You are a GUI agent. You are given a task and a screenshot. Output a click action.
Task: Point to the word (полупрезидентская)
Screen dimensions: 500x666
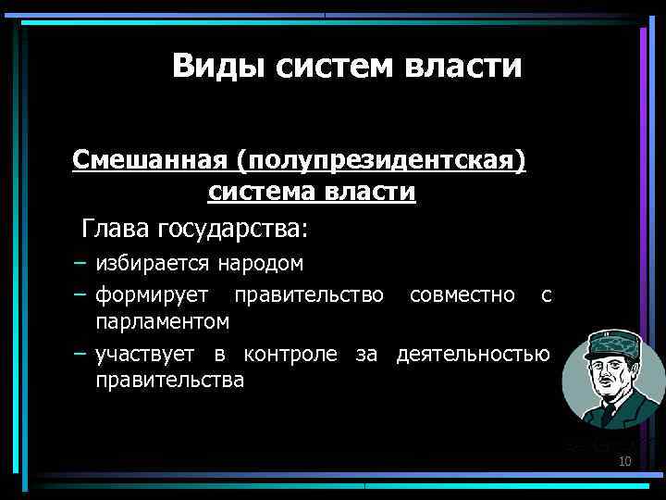381,161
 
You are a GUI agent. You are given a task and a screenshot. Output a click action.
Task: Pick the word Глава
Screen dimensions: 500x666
117,227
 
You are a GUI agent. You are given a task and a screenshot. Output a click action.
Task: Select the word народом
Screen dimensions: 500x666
261,263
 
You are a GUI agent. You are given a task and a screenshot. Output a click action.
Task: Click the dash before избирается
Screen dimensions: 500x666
81,263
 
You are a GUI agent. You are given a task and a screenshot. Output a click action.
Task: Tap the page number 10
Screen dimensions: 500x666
624,461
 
